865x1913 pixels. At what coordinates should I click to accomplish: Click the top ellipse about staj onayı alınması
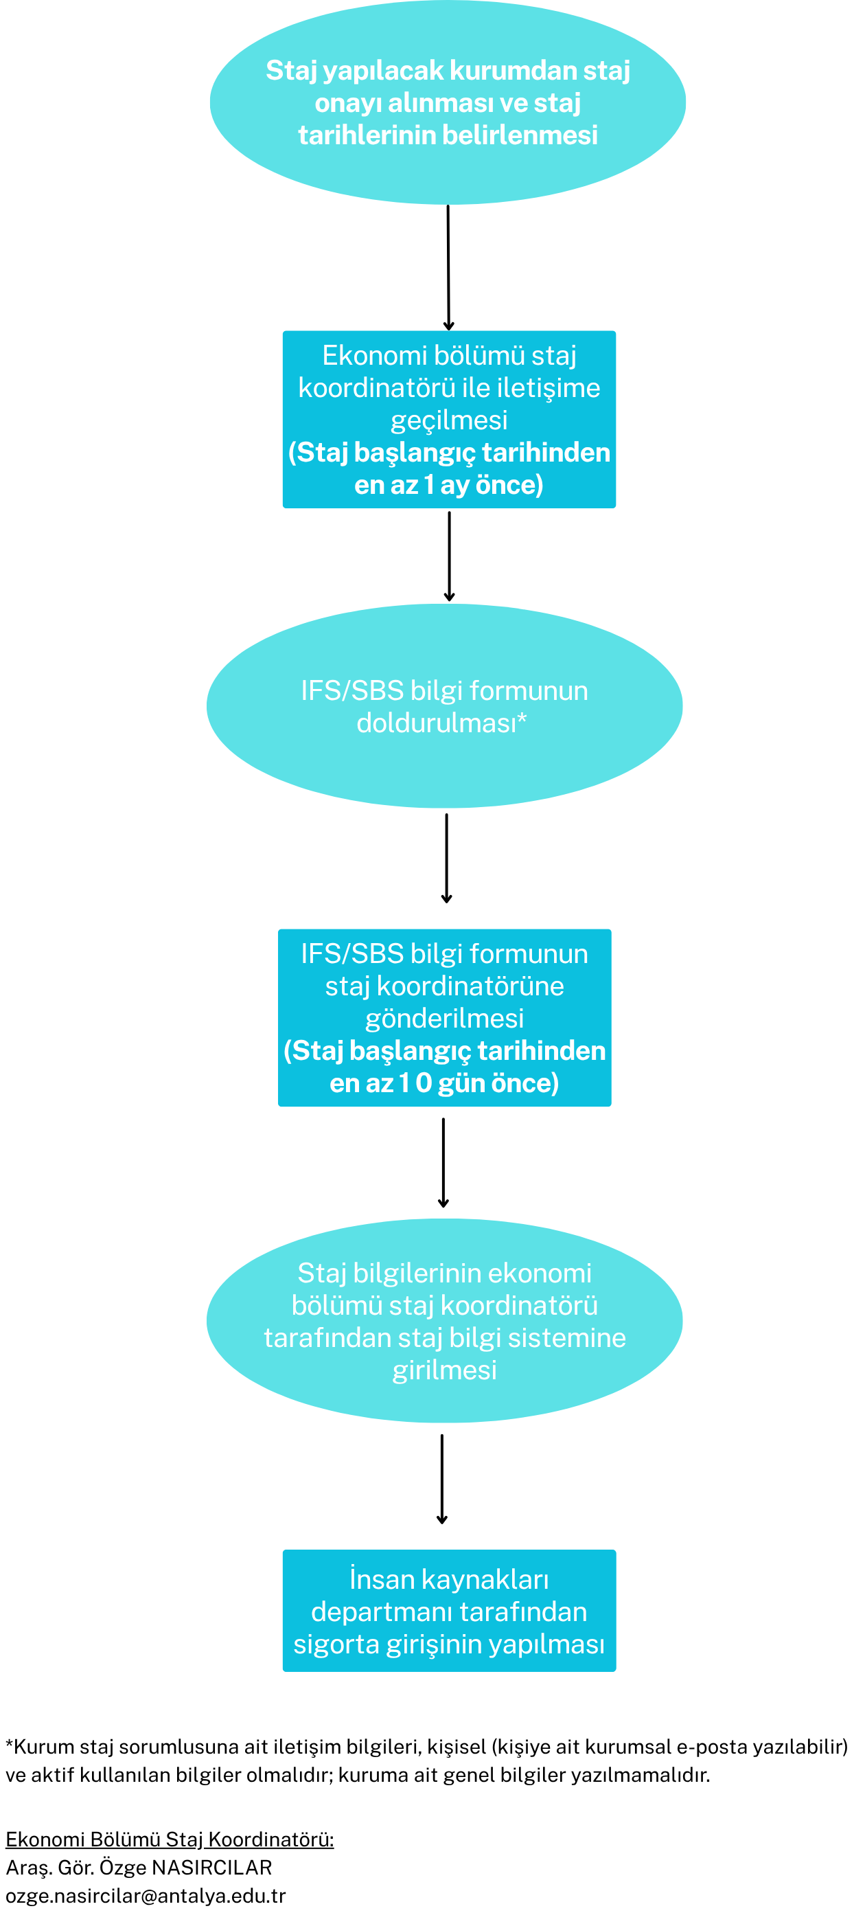[448, 102]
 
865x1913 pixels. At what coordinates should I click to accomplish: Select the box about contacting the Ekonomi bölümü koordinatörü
[449, 420]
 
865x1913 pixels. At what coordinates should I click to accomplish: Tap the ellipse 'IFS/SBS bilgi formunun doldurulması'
[445, 706]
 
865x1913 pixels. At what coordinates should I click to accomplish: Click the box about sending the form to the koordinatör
[445, 1018]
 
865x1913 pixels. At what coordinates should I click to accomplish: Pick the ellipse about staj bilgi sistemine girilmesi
[445, 1321]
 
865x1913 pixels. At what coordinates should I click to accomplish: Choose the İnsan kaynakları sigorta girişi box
[449, 1611]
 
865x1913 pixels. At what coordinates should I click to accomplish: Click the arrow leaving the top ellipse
[448, 268]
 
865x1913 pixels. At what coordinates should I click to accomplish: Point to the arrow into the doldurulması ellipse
[449, 556]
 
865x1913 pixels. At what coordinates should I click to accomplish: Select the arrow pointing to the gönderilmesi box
[446, 859]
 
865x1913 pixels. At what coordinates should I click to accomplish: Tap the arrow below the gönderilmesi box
[443, 1163]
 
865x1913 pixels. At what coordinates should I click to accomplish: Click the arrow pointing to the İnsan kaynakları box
[442, 1480]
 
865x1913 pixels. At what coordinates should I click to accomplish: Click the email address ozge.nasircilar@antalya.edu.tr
[146, 1896]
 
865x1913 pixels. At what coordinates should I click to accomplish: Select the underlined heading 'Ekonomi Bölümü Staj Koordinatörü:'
[170, 1839]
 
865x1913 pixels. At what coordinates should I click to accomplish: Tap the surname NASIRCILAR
[211, 1867]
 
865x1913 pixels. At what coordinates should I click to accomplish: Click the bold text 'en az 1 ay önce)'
[449, 485]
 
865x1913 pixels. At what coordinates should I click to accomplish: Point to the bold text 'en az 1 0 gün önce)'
[445, 1083]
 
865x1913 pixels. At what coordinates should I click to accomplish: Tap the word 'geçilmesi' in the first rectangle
[449, 421]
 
